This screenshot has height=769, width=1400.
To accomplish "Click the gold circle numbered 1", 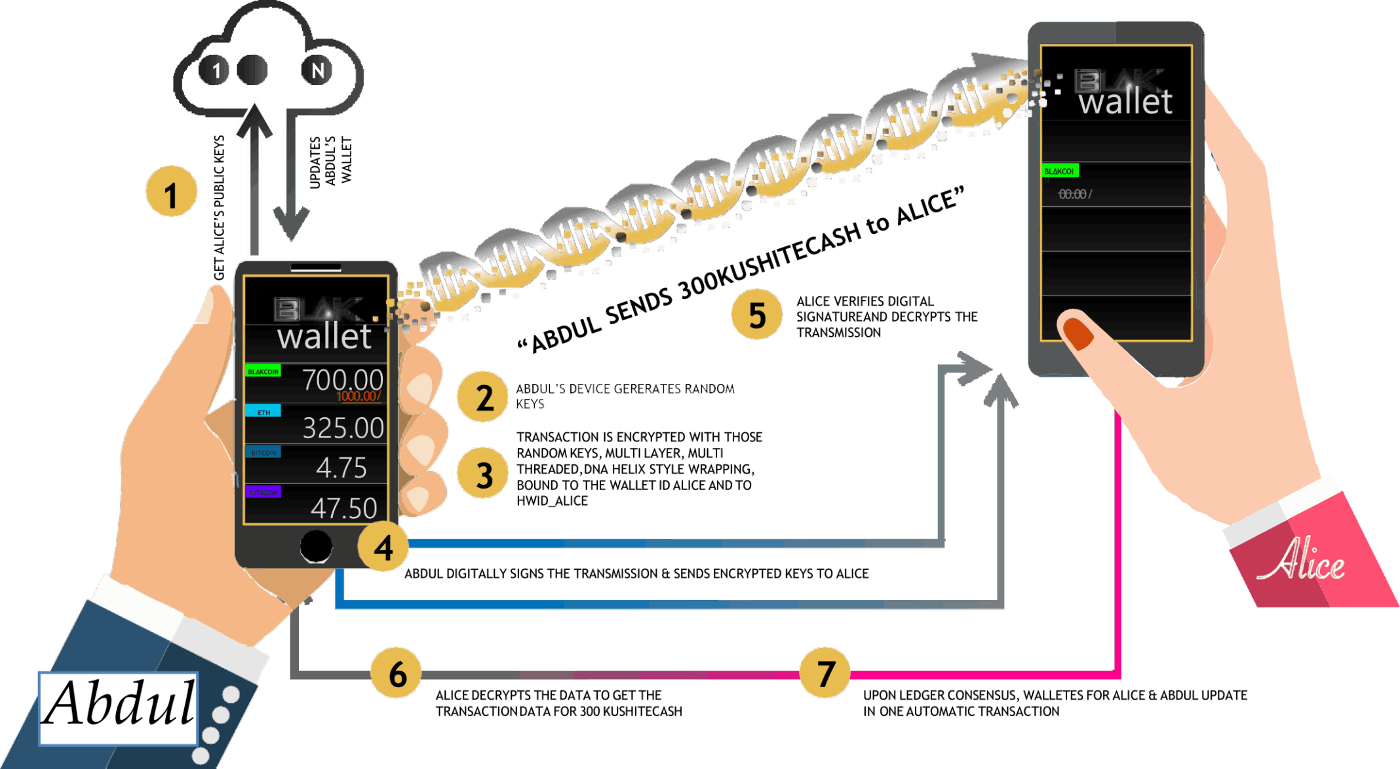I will [171, 191].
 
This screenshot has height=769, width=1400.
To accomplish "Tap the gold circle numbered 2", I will [483, 397].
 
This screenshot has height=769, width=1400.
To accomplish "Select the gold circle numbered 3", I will [483, 474].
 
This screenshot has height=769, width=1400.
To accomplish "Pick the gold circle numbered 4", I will [383, 546].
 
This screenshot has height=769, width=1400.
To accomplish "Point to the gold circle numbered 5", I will [757, 314].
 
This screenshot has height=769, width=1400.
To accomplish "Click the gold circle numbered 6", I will [397, 673].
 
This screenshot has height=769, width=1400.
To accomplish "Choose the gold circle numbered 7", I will [825, 673].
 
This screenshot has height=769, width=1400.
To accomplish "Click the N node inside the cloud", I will [317, 70].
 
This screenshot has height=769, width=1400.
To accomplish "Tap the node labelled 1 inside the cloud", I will [215, 70].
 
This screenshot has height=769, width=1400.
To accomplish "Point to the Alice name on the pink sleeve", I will [1301, 561].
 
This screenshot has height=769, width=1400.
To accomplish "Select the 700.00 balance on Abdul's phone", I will [342, 380].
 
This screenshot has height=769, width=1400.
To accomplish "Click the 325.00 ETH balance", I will [343, 428].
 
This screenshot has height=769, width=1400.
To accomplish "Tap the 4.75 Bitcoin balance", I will [341, 468].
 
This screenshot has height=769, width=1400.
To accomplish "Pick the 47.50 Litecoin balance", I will [343, 508].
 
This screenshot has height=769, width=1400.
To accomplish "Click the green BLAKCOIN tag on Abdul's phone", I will [263, 371].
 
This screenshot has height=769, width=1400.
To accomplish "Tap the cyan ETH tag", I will [263, 411].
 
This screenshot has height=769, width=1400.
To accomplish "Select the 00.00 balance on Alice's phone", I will [1073, 194].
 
